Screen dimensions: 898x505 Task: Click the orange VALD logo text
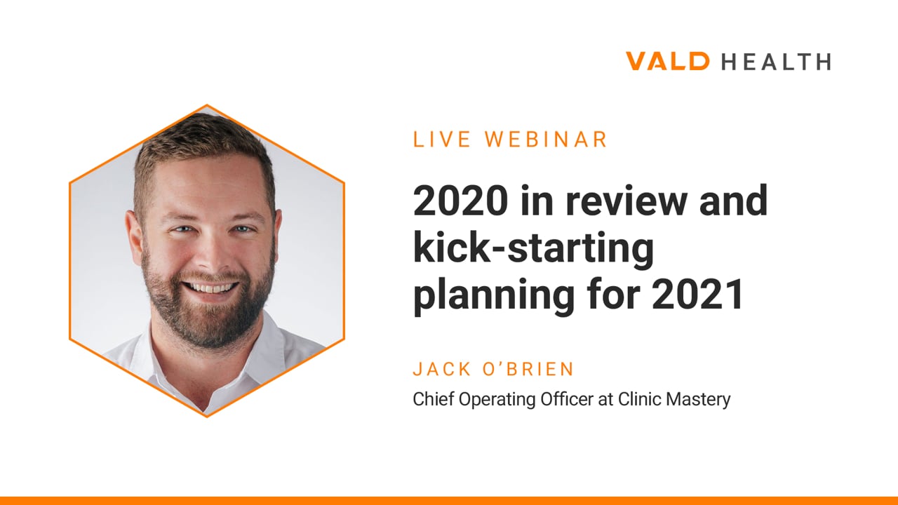coord(667,61)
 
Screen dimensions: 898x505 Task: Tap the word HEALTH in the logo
coord(776,62)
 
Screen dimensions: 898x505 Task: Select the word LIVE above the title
coord(441,140)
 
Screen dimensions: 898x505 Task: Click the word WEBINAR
coord(546,140)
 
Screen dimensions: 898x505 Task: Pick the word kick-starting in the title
coord(534,249)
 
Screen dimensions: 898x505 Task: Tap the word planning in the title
coord(494,297)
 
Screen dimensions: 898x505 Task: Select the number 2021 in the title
coord(697,294)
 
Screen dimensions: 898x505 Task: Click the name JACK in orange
coord(442,369)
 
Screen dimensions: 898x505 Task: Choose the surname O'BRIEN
coord(528,369)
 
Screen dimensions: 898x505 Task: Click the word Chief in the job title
coord(434,399)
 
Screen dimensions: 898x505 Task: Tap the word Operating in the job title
coord(497,400)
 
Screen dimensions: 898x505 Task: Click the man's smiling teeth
coord(210,288)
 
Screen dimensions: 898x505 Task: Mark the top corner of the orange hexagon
coord(207,105)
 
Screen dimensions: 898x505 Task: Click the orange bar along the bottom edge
coord(449,501)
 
